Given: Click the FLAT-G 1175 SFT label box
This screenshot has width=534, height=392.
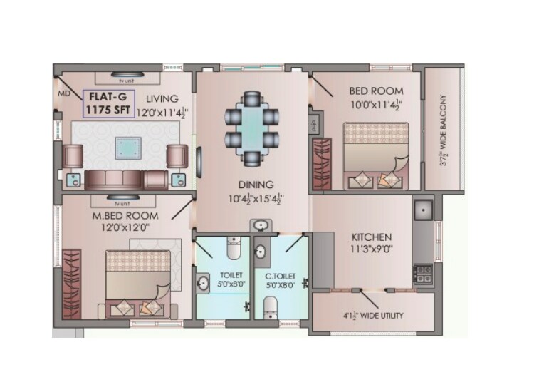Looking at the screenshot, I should (x=105, y=104).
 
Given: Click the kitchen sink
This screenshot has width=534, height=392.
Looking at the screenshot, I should (x=424, y=210).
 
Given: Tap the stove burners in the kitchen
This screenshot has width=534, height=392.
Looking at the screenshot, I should (x=423, y=271).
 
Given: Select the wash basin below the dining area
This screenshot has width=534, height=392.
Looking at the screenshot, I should (x=261, y=226).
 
